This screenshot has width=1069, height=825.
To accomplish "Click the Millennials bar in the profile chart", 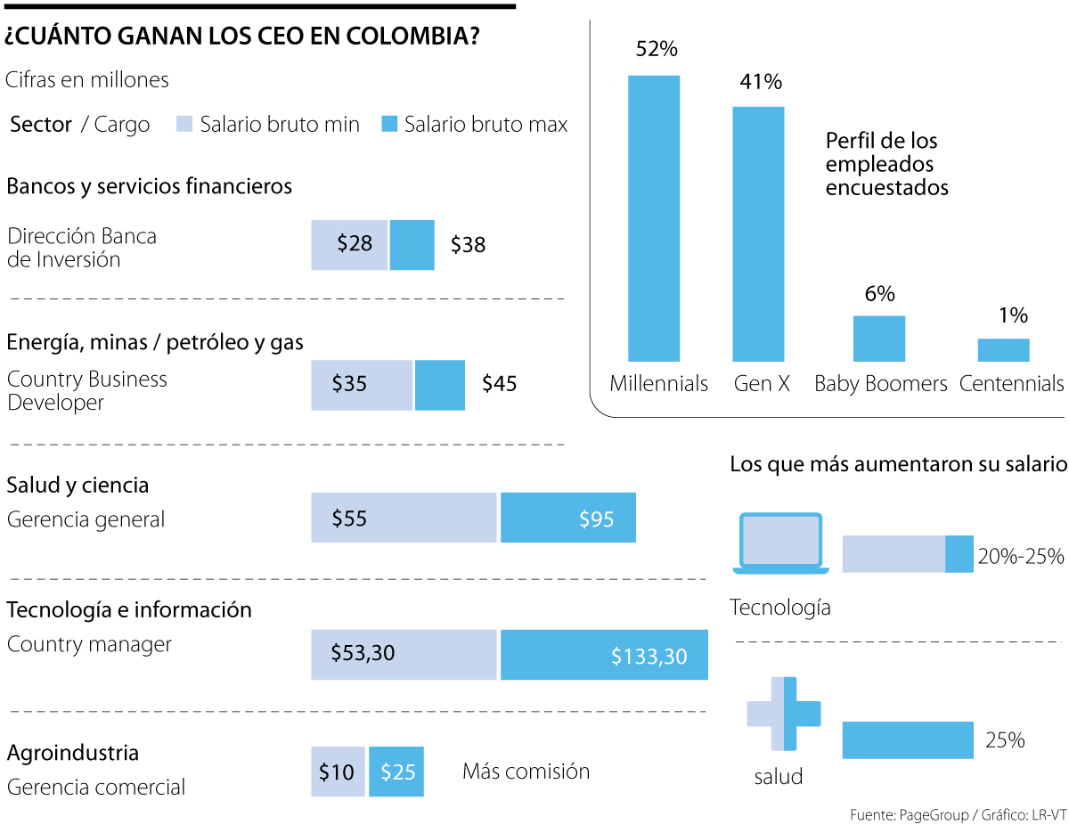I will point(654,218).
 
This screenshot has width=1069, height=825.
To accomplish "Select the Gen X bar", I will point(758,234).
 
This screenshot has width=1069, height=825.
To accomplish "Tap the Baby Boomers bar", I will point(879,339).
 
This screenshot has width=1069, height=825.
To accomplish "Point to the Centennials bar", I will point(1003,350).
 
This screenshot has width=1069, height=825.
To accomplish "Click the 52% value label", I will point(657,50).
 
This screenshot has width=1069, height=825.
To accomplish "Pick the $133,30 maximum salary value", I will point(649,657).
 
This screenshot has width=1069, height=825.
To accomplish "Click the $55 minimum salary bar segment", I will point(404,518).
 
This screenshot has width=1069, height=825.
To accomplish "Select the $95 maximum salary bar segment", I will point(568,518).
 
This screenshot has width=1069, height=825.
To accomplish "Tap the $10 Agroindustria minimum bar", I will point(338,772).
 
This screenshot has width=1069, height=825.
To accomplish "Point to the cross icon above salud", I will point(784,713).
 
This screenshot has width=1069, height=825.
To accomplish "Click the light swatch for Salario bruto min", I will point(184,125).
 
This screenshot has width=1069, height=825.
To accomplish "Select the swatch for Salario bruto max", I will point(388,125).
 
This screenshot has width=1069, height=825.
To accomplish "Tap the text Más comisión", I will point(526,772).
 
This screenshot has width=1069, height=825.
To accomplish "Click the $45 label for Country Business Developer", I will point(499,384).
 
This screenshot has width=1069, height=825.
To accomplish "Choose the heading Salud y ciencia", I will point(78,486).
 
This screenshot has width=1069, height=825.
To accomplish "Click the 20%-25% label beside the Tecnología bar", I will point(1021,557).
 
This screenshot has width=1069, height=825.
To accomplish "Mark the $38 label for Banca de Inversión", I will point(468,245).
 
